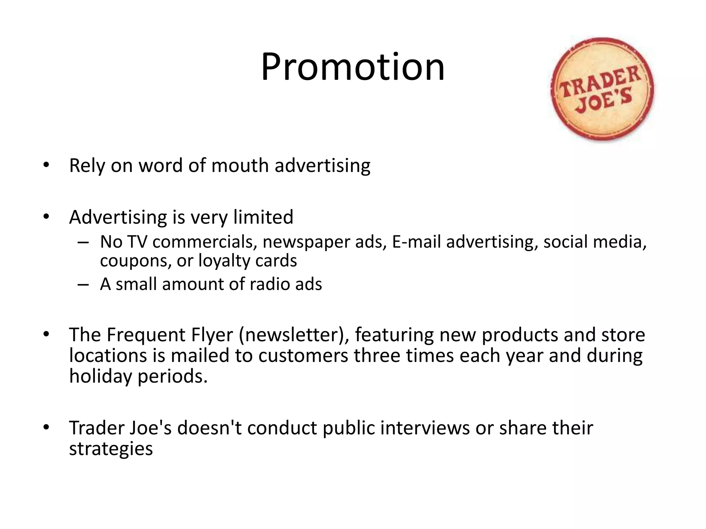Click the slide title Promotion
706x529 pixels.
(x=353, y=67)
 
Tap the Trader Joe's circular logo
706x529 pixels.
(x=602, y=89)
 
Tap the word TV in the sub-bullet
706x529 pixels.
(x=137, y=242)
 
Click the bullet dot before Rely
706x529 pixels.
(x=46, y=165)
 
